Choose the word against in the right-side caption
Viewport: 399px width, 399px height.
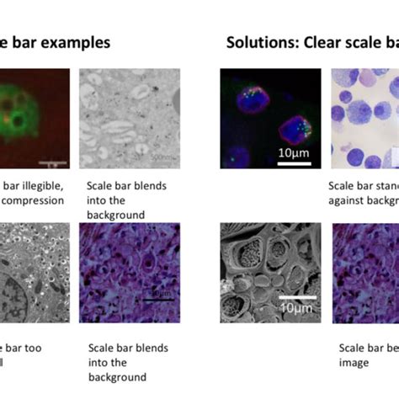click(348, 200)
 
